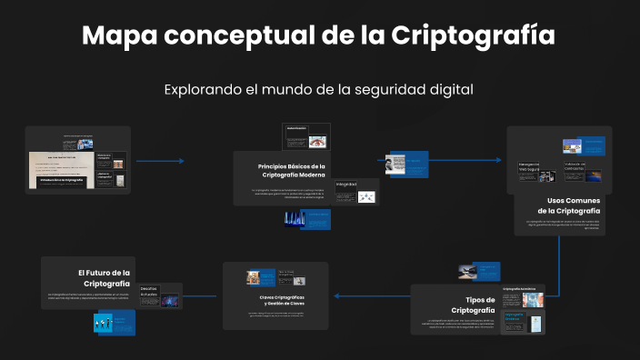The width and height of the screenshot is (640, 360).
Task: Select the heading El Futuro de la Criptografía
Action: click(x=104, y=277)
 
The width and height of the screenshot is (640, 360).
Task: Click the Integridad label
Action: click(x=346, y=185)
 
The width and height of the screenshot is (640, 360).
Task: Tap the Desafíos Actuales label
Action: click(x=149, y=292)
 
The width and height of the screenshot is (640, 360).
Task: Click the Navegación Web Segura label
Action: click(x=529, y=167)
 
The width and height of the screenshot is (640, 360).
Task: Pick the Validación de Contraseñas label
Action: click(x=575, y=167)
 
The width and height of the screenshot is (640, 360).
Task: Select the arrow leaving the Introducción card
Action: click(x=159, y=161)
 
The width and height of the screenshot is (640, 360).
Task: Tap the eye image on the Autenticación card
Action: click(x=317, y=142)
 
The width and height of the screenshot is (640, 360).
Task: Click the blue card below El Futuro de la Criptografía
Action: click(x=115, y=322)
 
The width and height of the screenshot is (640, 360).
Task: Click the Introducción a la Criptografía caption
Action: click(x=62, y=181)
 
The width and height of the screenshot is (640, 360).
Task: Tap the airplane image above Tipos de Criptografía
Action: click(x=466, y=271)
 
